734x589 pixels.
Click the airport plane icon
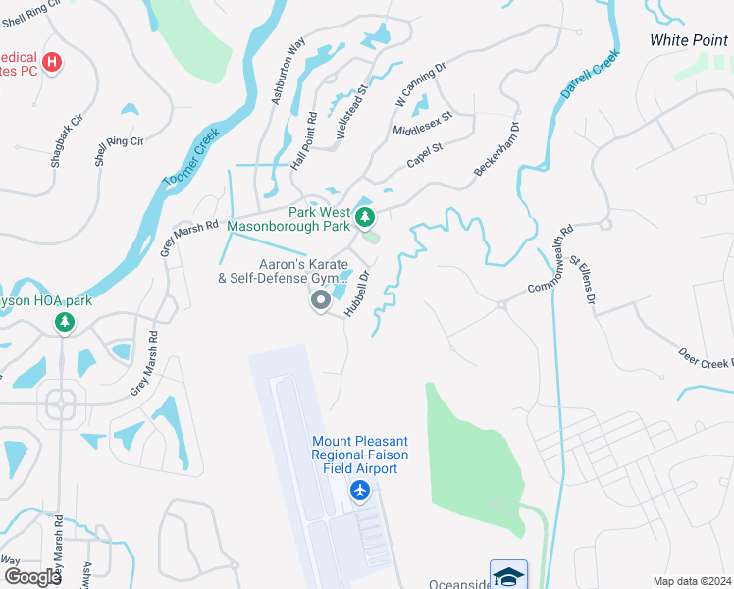pos(360,490)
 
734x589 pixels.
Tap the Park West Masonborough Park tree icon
pos(365,216)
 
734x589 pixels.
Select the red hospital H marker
pos(53,64)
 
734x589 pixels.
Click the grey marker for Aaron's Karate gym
pos(321,301)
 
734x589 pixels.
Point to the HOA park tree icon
pos(65,322)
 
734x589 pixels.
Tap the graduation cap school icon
pos(508,576)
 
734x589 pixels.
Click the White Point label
pos(689,40)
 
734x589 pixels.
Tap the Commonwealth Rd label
pos(550,261)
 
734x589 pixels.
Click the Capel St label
pos(425,157)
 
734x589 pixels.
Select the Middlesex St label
pos(421,124)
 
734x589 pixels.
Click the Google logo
pos(31,576)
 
